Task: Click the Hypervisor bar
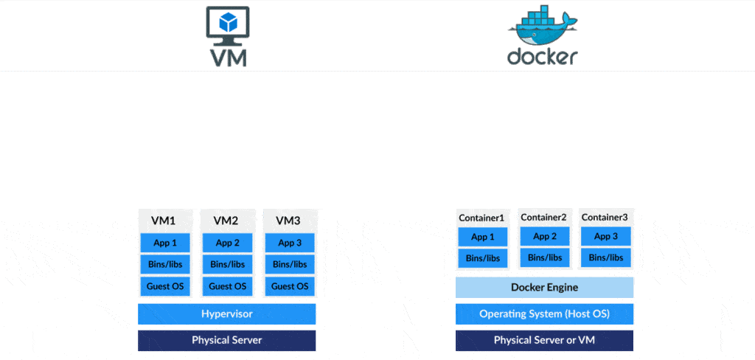click(x=226, y=314)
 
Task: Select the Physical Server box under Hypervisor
click(x=226, y=340)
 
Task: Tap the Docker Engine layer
click(x=544, y=287)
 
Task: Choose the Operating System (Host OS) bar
click(x=544, y=314)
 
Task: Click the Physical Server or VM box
click(x=544, y=340)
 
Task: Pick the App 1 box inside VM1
click(x=164, y=243)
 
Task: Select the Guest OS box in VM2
click(x=227, y=286)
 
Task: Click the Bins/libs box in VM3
click(x=290, y=264)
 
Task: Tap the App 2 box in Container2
click(x=544, y=236)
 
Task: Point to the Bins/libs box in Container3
click(x=606, y=257)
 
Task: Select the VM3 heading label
click(x=288, y=221)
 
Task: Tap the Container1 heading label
click(x=481, y=218)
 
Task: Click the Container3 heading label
click(x=605, y=217)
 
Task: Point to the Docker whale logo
click(x=542, y=25)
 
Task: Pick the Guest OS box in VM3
click(x=290, y=286)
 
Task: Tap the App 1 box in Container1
click(x=482, y=237)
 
